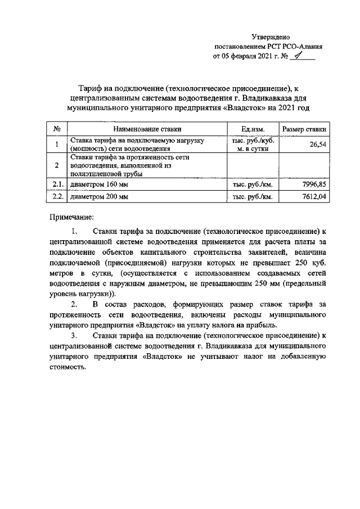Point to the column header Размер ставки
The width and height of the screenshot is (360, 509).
point(304,129)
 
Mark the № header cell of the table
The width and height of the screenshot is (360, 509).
point(57,129)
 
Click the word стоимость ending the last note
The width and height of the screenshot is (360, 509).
point(67,367)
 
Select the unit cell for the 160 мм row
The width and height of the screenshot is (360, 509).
point(253,184)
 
